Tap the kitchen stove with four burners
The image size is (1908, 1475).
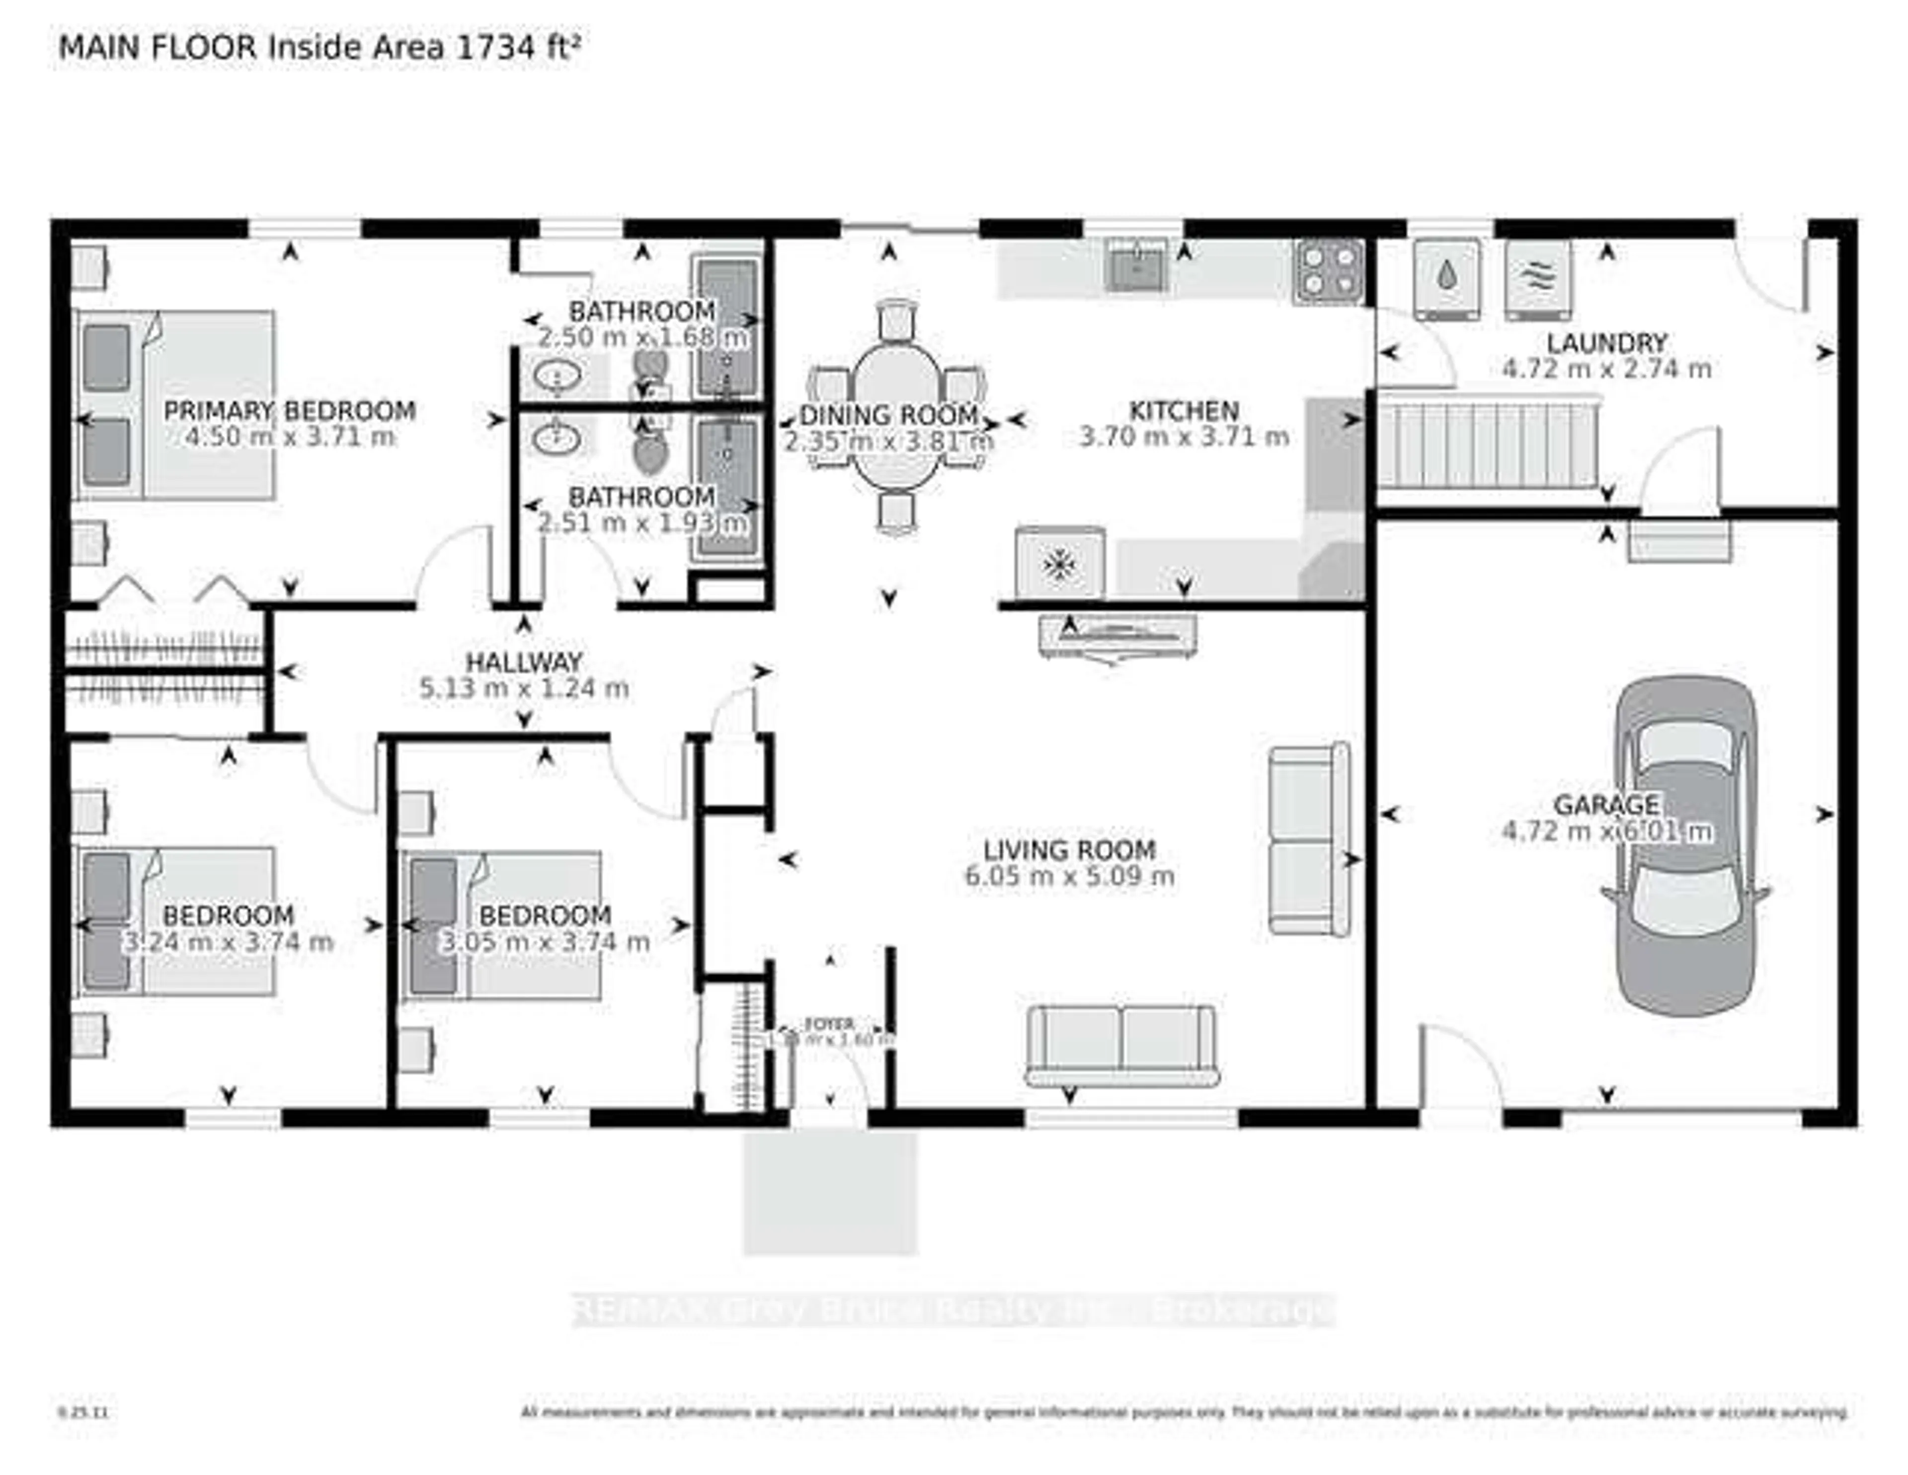pos(1328,271)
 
